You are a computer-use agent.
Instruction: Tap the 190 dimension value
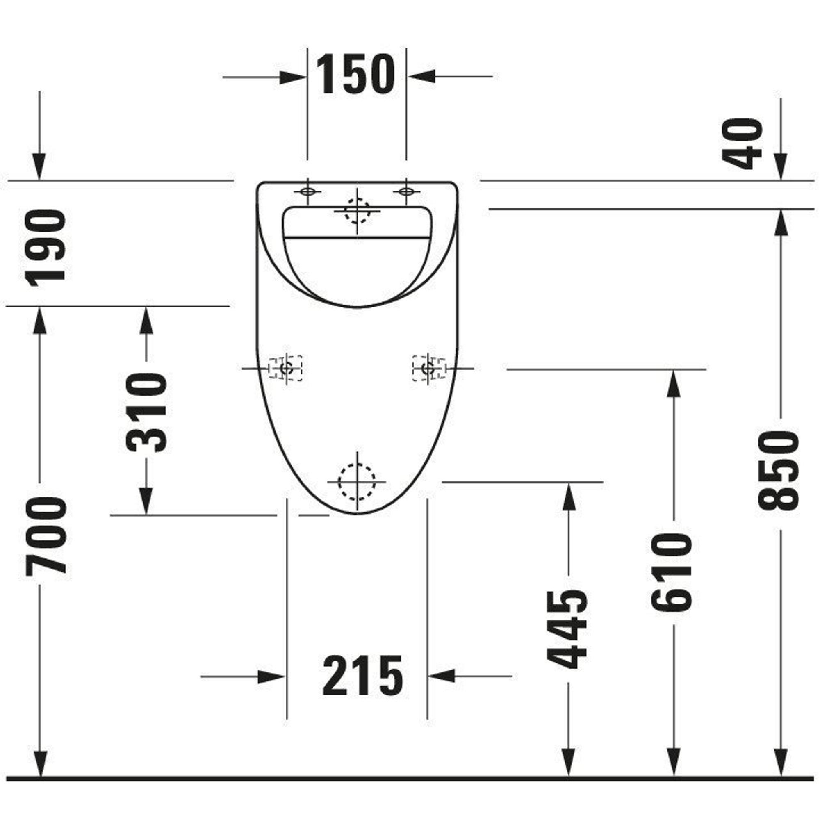coord(46,248)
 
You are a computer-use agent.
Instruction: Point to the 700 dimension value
coord(46,537)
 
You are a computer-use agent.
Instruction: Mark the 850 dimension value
coord(779,470)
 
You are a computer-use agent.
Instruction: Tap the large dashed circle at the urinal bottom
coord(357,482)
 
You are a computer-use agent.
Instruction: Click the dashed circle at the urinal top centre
coord(357,210)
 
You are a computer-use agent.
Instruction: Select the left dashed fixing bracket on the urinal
coord(285,368)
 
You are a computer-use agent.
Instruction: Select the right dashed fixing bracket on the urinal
coord(429,368)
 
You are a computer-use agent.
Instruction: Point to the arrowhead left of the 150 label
coord(292,77)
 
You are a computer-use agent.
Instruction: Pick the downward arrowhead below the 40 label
coord(781,166)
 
